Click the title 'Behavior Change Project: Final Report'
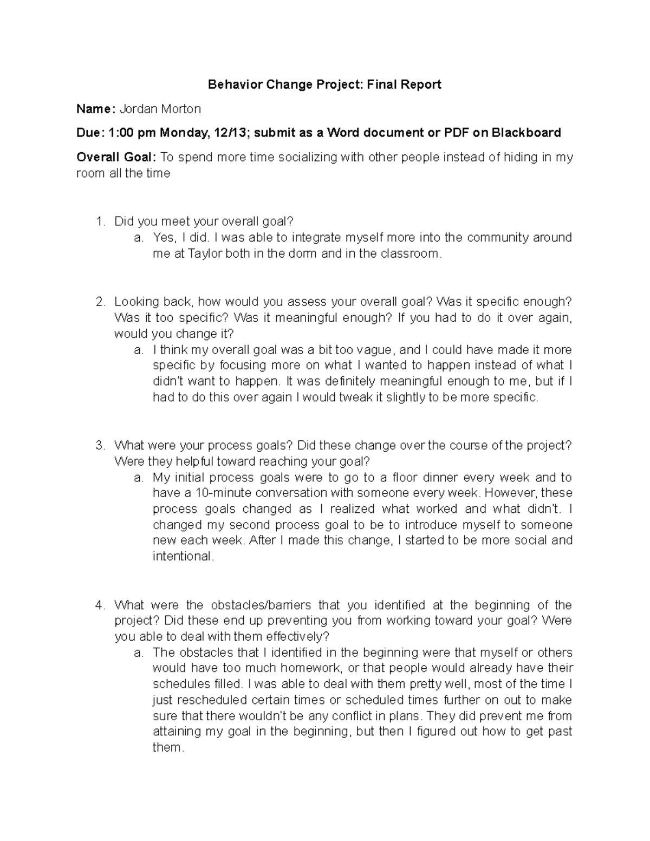point(325,84)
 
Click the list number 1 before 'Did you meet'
point(99,221)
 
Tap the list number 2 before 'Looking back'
point(99,301)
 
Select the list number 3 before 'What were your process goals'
point(99,445)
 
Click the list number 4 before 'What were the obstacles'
point(99,605)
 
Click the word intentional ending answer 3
point(183,556)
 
